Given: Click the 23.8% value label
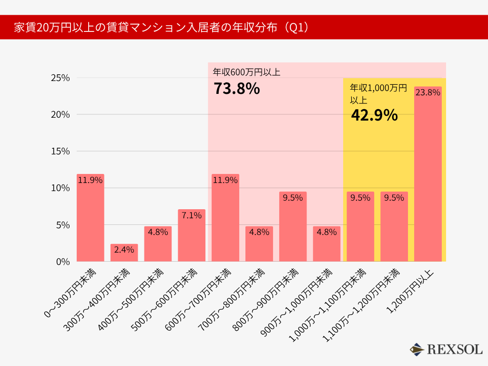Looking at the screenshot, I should pos(427,92).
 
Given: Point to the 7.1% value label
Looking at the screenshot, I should pos(192,215).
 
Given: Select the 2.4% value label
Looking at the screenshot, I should pos(124,250).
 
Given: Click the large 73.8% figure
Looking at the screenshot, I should pos(236,89).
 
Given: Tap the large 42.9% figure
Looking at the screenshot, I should pos(374,115).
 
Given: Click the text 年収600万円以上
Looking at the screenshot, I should pos(246,72).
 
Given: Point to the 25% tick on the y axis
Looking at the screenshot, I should pos(61,78).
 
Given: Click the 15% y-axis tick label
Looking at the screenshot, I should pos(61,151).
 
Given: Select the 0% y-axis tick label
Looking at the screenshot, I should pos(63,262).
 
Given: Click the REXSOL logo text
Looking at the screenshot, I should pos(455,349).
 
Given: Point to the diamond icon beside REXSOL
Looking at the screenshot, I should pos(417,349).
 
